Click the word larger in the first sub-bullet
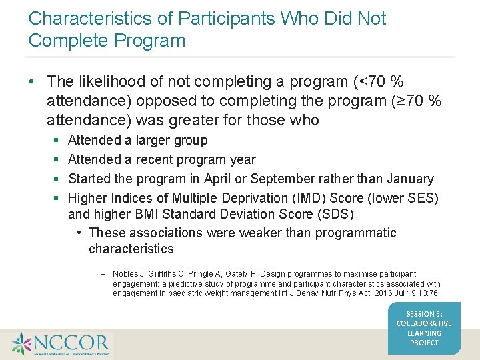(x=154, y=141)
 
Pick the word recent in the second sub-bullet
(x=157, y=159)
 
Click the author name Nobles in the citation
(x=126, y=274)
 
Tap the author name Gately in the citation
(x=241, y=274)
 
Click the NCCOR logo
(x=61, y=343)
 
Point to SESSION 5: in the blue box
(x=424, y=314)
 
